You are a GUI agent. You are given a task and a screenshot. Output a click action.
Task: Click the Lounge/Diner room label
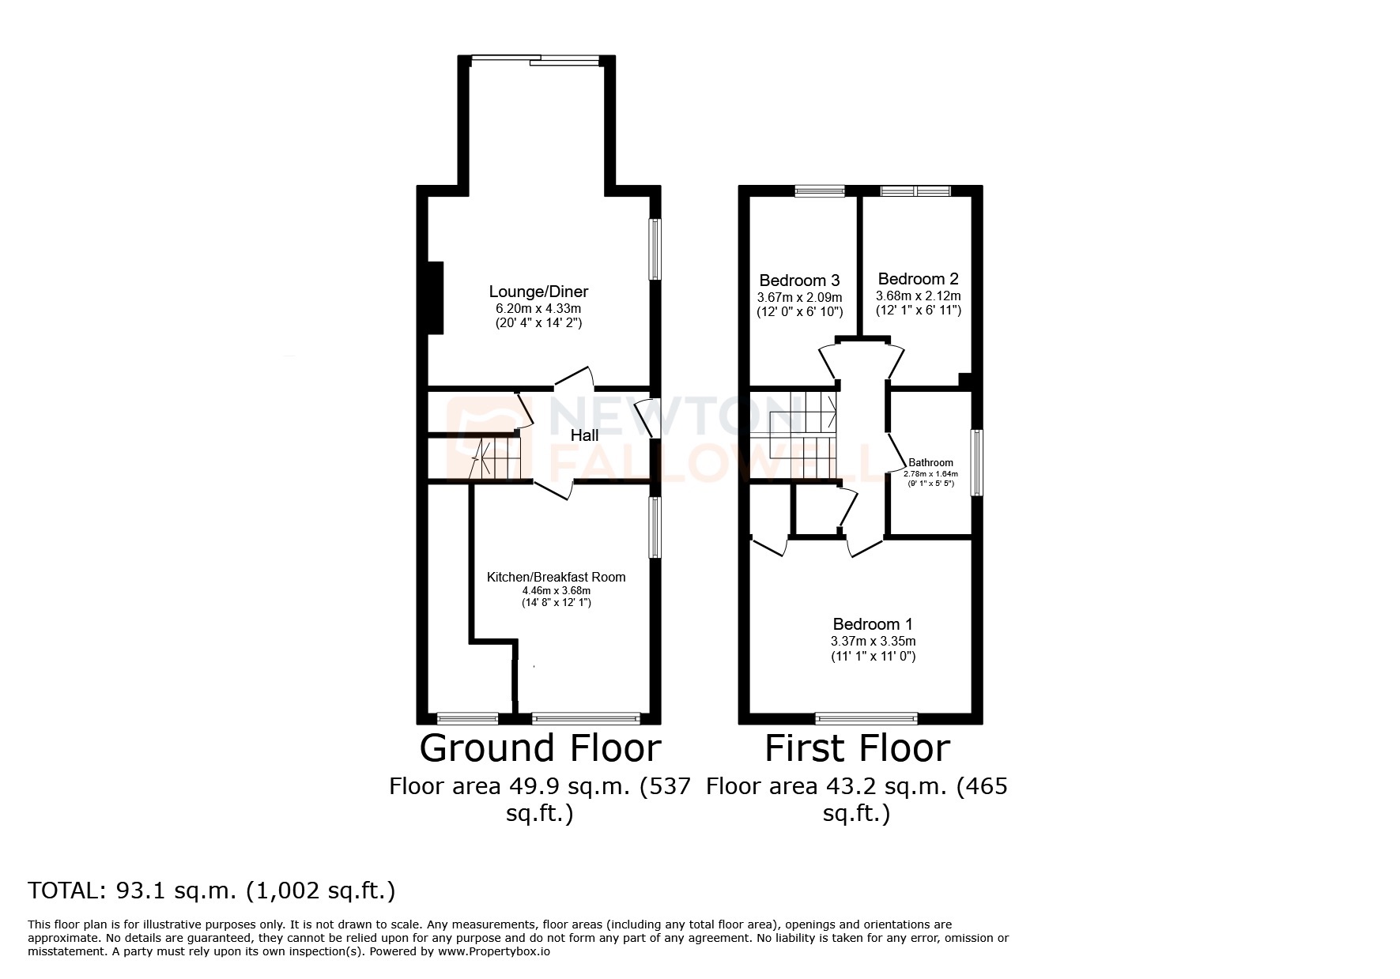click(538, 292)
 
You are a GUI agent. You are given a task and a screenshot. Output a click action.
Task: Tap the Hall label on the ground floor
click(584, 435)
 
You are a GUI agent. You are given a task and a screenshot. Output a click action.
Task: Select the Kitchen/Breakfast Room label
click(556, 577)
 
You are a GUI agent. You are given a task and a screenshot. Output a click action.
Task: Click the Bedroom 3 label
click(799, 281)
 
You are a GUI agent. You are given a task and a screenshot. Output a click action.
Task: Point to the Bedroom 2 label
click(918, 279)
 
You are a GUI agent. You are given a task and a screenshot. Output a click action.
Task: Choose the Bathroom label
click(930, 463)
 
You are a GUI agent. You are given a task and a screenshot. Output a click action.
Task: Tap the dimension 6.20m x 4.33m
click(538, 308)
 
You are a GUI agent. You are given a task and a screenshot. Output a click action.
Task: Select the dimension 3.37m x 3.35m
click(873, 641)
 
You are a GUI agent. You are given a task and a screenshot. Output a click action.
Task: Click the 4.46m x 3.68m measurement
click(556, 590)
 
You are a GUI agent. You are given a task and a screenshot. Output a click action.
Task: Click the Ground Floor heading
click(539, 748)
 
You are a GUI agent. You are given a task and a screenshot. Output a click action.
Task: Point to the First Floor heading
click(857, 748)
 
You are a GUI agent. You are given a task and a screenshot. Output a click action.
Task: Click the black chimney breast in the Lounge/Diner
click(435, 298)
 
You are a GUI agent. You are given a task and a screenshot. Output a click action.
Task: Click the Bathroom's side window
click(977, 462)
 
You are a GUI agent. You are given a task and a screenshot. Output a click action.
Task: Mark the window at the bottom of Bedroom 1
click(866, 718)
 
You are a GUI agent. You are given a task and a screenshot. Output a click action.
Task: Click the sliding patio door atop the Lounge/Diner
click(535, 60)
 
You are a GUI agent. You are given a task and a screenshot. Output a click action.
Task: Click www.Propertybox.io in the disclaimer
click(494, 952)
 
